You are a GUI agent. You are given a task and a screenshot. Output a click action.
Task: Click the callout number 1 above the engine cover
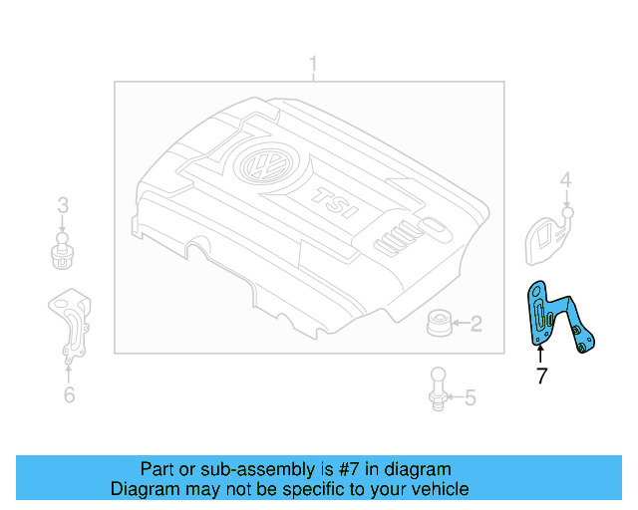coord(312,67)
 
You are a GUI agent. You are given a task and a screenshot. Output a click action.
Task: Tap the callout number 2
coord(476,323)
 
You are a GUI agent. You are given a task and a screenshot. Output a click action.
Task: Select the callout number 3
coord(63,206)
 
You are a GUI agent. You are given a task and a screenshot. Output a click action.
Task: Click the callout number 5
coord(470,398)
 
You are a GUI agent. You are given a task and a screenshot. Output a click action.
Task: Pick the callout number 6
coord(68,395)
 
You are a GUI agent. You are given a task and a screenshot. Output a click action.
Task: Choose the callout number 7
coord(541,377)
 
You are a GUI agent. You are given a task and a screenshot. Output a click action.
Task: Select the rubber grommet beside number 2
coord(438,323)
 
